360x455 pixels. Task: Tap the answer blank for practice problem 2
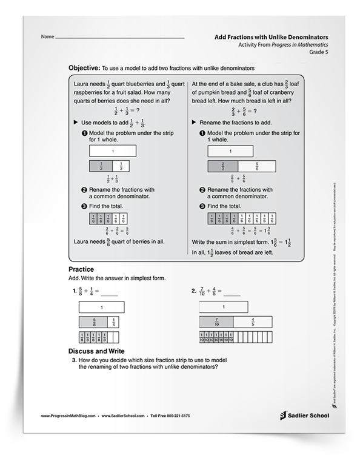click(231, 293)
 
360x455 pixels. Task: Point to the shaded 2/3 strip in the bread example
click(222, 166)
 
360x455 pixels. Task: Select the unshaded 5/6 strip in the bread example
click(256, 166)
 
